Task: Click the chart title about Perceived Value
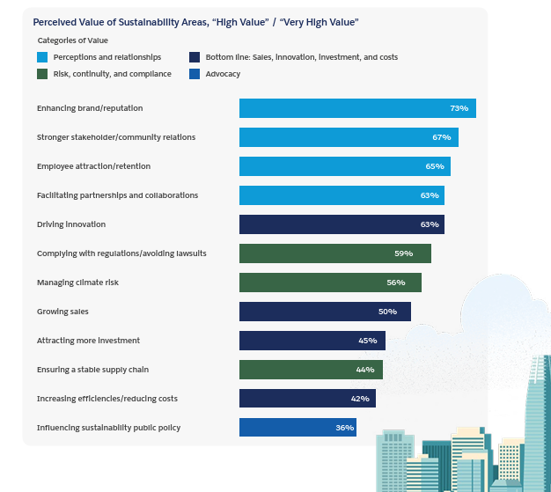click(195, 21)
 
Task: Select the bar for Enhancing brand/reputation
click(356, 108)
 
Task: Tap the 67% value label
click(441, 137)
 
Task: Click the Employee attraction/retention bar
click(344, 166)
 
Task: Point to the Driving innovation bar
click(342, 224)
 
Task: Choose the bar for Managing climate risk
click(330, 283)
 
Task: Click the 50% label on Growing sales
click(387, 312)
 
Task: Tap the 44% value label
click(365, 370)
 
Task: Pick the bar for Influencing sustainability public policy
click(298, 428)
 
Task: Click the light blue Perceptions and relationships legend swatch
click(42, 57)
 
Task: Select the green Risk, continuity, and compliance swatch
click(42, 74)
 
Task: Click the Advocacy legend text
click(223, 74)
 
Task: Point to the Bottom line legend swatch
click(194, 57)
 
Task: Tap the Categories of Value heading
click(73, 40)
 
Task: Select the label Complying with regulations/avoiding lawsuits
click(121, 253)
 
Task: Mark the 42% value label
click(359, 399)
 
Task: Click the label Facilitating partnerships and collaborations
click(117, 195)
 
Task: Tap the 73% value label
click(459, 108)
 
